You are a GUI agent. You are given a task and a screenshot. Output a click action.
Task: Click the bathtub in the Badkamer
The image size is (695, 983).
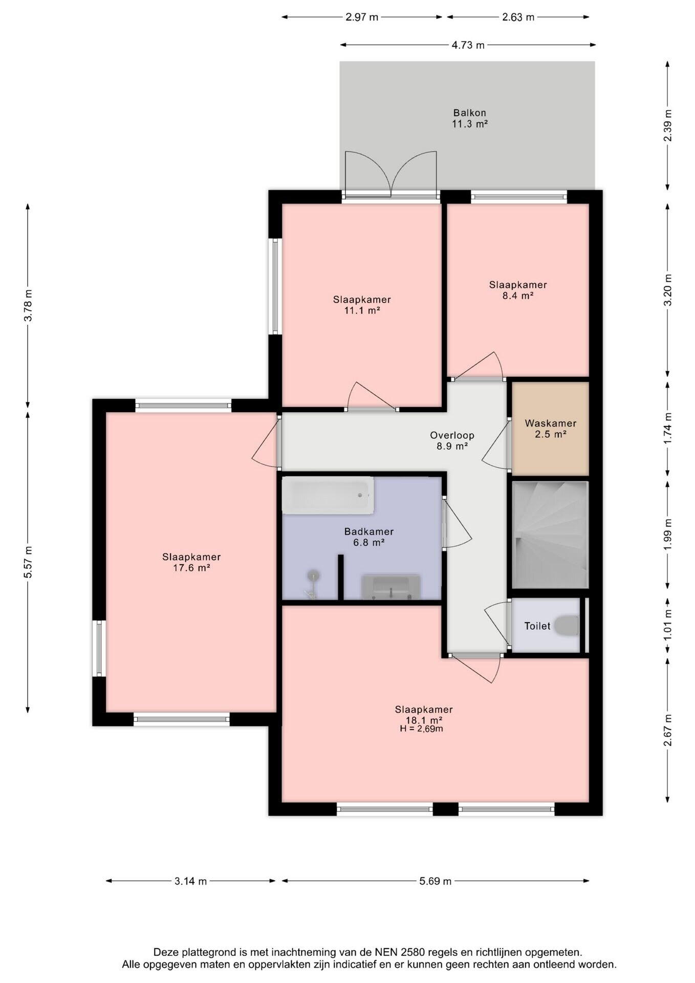[x=328, y=495]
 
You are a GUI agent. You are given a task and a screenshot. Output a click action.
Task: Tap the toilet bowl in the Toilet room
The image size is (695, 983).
[x=567, y=626]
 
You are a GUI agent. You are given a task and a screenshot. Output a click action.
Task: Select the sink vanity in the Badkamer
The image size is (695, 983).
[x=391, y=587]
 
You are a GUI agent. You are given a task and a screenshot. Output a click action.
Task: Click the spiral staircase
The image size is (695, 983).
[x=550, y=535]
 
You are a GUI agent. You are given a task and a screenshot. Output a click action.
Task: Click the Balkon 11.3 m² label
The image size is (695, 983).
[x=469, y=118]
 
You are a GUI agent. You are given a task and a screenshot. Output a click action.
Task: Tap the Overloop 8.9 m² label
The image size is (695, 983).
[x=452, y=440]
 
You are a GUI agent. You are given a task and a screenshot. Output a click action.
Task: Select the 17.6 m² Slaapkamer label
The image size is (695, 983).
[x=191, y=562]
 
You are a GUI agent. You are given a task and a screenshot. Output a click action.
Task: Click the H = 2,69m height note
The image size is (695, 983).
[x=421, y=729]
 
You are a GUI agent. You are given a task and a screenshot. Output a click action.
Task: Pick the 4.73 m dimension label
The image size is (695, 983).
[x=468, y=45]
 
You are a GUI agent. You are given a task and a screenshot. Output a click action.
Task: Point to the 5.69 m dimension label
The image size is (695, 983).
[x=436, y=881]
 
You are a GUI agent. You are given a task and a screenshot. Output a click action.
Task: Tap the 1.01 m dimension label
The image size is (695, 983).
[x=667, y=624]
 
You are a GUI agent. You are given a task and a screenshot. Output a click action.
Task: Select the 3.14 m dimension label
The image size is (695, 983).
[x=191, y=881]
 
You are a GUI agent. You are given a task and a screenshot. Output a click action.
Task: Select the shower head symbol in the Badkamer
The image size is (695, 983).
[x=312, y=576]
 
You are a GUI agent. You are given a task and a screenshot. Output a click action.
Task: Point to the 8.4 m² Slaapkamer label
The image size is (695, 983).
[x=517, y=290]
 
